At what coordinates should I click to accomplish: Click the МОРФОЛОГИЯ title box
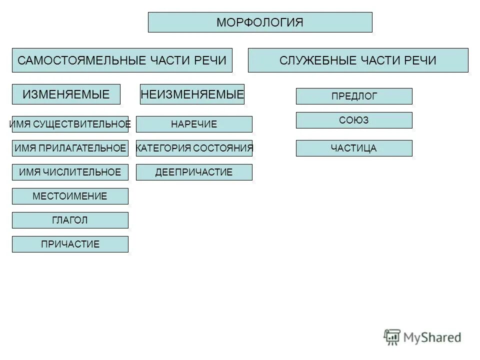(x=260, y=22)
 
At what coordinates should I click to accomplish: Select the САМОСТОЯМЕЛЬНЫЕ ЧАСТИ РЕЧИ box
(x=122, y=60)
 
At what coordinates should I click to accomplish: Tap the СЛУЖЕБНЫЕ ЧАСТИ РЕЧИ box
(x=358, y=60)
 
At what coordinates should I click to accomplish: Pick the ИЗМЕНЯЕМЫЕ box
(x=66, y=94)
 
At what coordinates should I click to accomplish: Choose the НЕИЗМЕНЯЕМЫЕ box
(x=192, y=94)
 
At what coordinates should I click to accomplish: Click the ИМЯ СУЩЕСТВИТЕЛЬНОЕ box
(x=70, y=124)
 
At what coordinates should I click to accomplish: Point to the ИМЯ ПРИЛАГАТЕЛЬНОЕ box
(x=70, y=148)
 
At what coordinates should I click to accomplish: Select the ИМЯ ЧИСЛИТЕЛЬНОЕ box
(x=70, y=172)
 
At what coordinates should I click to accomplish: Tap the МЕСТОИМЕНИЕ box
(x=70, y=196)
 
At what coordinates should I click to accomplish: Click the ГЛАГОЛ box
(x=70, y=220)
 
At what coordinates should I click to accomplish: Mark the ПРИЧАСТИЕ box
(x=70, y=244)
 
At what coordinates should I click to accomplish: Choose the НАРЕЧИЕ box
(x=194, y=124)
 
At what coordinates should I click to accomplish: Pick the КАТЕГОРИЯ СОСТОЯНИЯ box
(x=194, y=148)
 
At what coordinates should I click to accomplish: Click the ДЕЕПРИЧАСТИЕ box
(x=194, y=172)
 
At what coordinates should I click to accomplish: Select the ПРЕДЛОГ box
(x=354, y=96)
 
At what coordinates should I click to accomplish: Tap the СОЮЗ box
(x=354, y=120)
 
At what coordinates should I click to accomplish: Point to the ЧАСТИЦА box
(x=354, y=148)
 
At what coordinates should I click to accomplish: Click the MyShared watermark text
(x=432, y=338)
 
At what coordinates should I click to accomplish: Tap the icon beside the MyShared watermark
(x=392, y=337)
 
